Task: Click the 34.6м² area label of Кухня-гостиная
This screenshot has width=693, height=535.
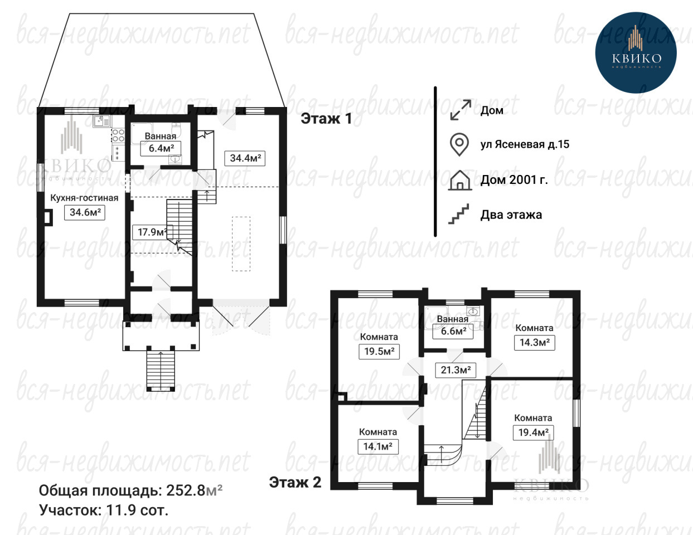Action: pos(85,212)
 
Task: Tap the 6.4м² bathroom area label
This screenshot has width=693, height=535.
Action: pos(161,148)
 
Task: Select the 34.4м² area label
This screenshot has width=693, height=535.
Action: pos(245,158)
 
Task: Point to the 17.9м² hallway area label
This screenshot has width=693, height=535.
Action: pos(152,232)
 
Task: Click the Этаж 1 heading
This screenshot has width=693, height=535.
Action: pos(326,119)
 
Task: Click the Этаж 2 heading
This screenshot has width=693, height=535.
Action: pos(295,483)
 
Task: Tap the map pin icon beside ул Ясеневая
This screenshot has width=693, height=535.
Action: pos(459,144)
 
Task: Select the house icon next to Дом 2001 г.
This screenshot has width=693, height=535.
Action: pos(460,181)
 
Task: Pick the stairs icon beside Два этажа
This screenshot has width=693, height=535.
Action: pos(459,214)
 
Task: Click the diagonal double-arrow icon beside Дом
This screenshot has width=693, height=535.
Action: pos(461,110)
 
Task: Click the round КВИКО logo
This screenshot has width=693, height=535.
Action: pos(636,52)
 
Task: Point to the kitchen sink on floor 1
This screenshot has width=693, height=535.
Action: pos(102,121)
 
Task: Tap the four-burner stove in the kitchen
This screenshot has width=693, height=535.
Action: pos(118,135)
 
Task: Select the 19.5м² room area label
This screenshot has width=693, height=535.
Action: pos(379,352)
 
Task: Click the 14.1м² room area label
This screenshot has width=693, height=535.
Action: pos(378,446)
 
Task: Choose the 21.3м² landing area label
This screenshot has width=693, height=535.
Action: pos(455,370)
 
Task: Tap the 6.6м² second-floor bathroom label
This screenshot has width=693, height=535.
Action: pos(453,332)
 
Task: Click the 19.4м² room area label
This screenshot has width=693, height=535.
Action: pos(533,432)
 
